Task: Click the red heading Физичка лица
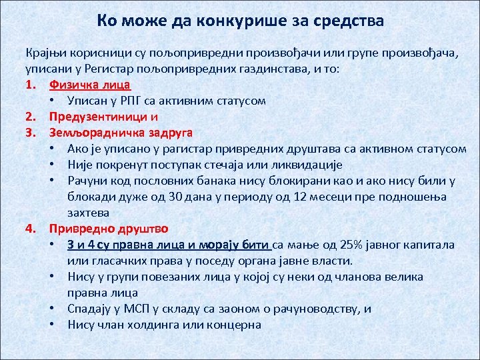pos(89,85)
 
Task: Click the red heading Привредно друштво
pos(109,229)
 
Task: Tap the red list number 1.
pos(29,85)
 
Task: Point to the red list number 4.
pos(30,229)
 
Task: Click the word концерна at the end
pos(235,325)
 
